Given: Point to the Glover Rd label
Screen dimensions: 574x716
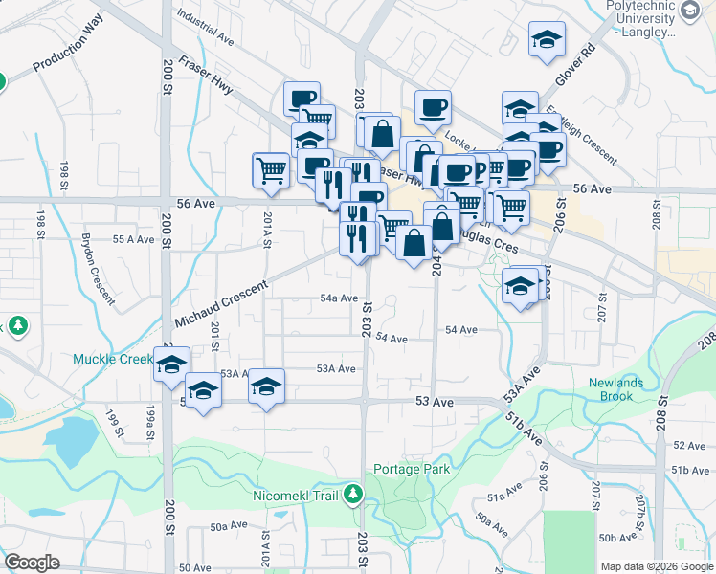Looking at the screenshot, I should tap(574, 67).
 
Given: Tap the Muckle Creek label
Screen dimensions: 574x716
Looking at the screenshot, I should tap(113, 360).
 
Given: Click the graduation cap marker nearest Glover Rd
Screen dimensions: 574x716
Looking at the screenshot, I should tap(547, 39).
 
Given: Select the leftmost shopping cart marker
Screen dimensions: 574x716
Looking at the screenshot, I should tap(271, 170).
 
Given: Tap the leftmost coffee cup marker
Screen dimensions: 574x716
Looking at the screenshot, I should tap(302, 99).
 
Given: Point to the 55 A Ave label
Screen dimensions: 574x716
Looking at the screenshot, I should tap(134, 239).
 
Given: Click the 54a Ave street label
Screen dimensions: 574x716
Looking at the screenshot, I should tap(339, 298).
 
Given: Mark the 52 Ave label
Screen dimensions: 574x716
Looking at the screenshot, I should tap(688, 446).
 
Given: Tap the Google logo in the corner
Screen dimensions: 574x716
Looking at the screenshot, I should tap(32, 563).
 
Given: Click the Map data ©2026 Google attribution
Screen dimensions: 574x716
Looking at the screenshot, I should tap(657, 566).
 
